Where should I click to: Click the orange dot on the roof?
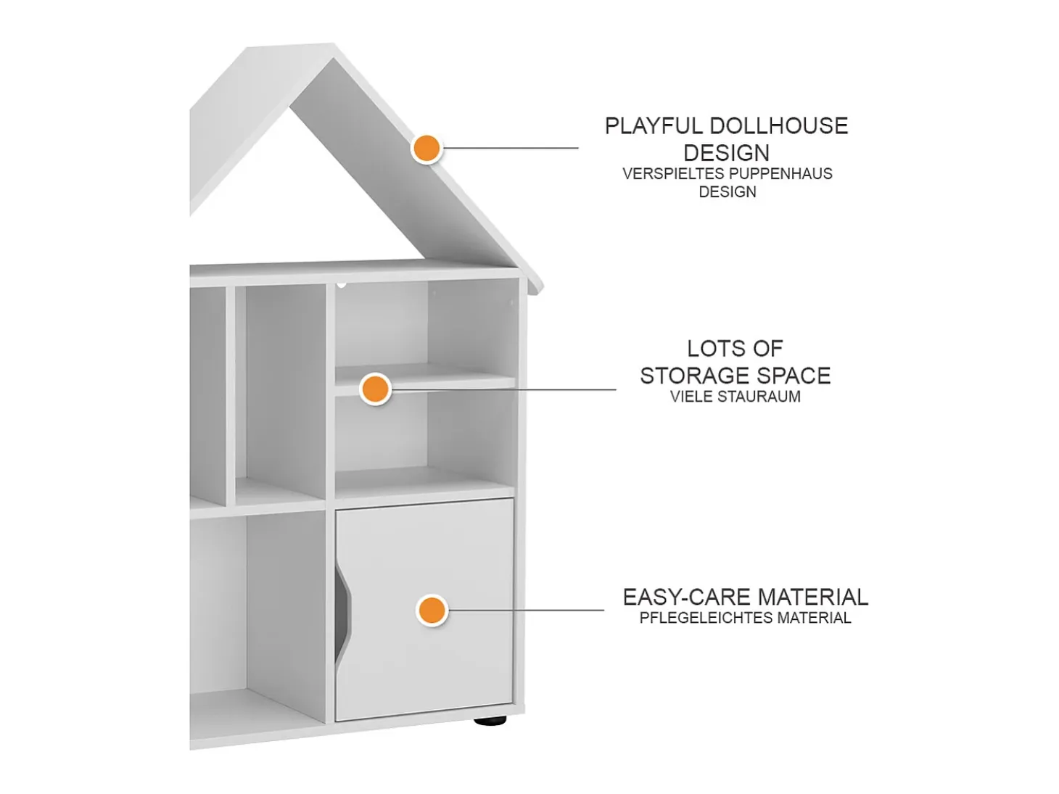(x=427, y=148)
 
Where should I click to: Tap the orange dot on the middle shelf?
(x=375, y=389)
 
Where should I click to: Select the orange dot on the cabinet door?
(x=432, y=611)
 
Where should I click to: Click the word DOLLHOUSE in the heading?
(x=779, y=126)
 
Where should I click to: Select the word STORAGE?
(x=691, y=376)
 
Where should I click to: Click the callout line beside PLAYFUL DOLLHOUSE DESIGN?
(x=511, y=148)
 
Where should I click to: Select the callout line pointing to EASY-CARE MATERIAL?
(x=525, y=610)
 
